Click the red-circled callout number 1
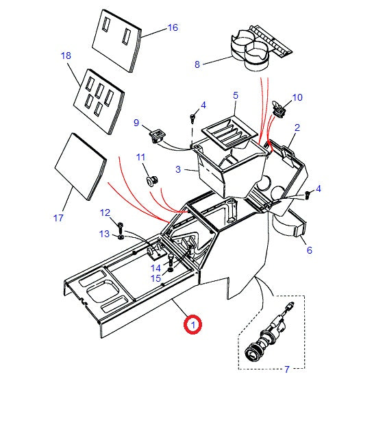193,324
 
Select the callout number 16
172,28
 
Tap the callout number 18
66,56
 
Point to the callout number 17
58,218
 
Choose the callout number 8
197,65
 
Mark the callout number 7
286,369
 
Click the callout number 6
309,250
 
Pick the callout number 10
297,97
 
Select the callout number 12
105,212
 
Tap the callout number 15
156,278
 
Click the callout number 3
177,169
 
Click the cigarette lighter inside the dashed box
269,335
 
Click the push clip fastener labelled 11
151,180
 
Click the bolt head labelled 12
121,226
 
